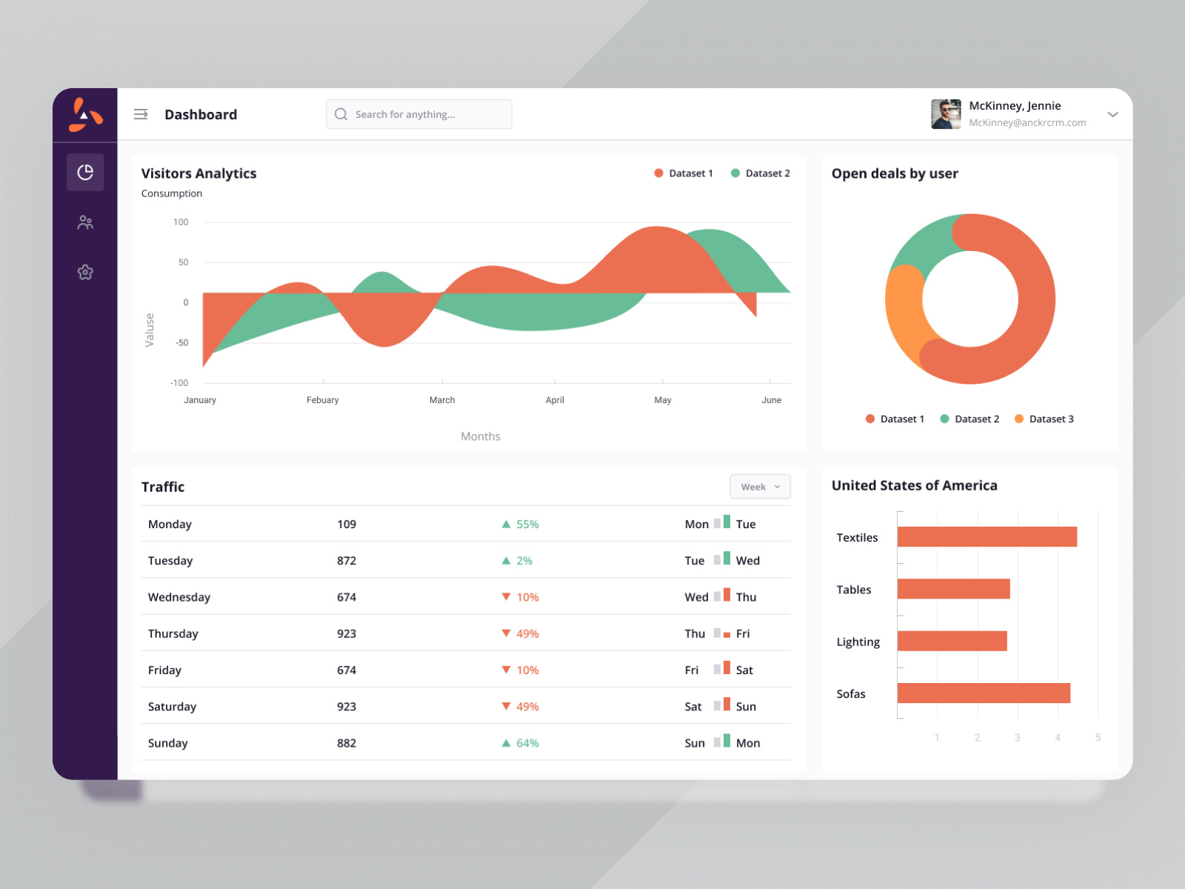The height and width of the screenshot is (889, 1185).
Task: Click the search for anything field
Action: [x=418, y=114]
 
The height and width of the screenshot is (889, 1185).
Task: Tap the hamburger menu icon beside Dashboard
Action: [x=141, y=114]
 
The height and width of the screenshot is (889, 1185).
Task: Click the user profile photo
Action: [x=946, y=114]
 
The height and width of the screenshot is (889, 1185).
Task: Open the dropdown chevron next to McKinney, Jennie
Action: [x=1112, y=114]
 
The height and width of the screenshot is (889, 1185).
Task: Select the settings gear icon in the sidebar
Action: [x=85, y=272]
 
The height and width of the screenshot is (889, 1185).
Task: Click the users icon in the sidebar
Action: [x=85, y=222]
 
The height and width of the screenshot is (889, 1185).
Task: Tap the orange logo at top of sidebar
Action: [x=85, y=115]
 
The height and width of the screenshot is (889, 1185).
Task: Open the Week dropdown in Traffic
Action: [x=760, y=487]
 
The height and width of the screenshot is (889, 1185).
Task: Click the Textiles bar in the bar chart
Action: [x=987, y=537]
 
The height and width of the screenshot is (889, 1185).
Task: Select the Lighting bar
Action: [x=952, y=641]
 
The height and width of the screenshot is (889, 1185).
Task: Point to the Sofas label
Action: [x=851, y=694]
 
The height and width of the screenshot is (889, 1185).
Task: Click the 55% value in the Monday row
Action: [x=527, y=525]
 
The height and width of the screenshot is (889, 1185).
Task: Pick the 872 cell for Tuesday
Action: [x=347, y=561]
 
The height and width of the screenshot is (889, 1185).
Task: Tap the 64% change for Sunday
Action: [x=527, y=743]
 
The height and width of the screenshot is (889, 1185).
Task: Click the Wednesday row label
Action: [x=179, y=597]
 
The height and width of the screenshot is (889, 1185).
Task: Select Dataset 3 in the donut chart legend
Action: [x=1050, y=419]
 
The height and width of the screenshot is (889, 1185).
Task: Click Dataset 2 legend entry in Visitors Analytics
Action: [x=767, y=173]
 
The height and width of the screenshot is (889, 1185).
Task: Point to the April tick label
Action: [x=555, y=400]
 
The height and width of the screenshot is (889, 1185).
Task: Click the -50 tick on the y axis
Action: [x=181, y=343]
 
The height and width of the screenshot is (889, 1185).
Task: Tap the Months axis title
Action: [x=481, y=436]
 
